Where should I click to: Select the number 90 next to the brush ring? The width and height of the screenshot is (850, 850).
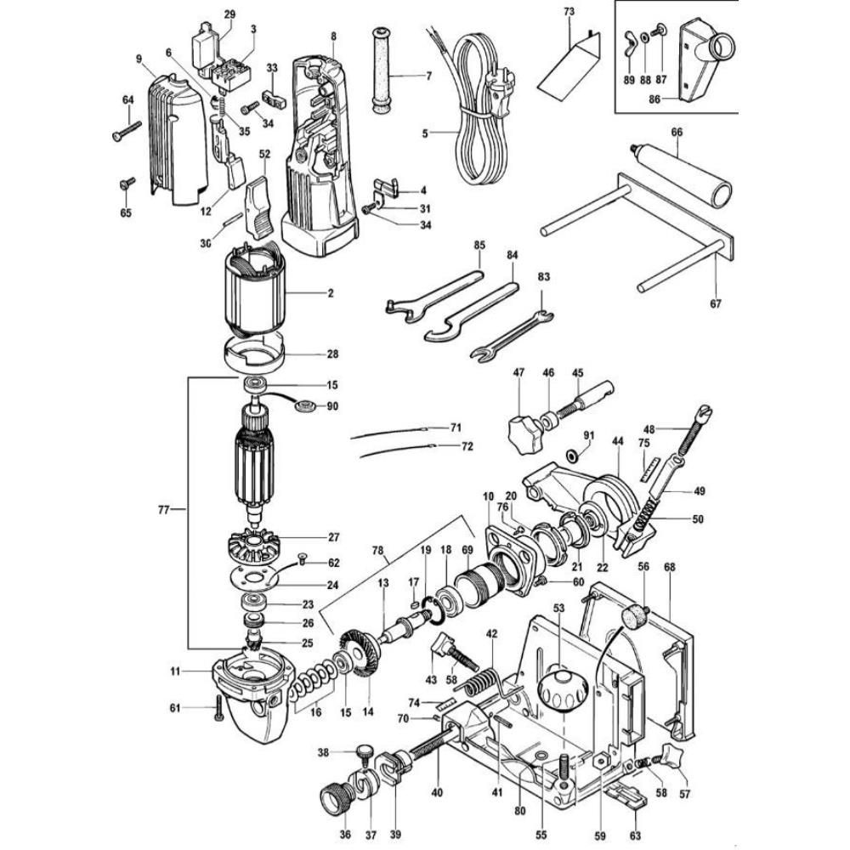332,406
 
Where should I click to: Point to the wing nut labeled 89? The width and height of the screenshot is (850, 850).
630,39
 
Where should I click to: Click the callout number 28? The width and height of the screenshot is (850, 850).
332,354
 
